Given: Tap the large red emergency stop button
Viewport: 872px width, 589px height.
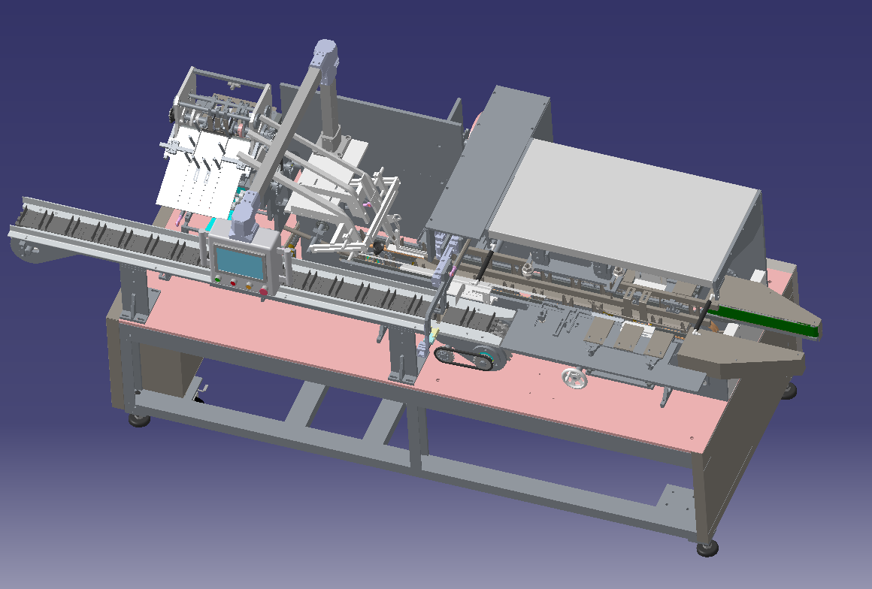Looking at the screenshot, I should click(x=262, y=292).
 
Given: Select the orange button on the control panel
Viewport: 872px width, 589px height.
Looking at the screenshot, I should click(x=247, y=286).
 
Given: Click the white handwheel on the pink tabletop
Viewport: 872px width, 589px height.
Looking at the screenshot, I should click(x=575, y=379).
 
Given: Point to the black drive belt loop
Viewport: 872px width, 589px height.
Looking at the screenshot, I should click(x=465, y=358).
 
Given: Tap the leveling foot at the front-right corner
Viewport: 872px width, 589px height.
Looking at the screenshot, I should click(x=707, y=548).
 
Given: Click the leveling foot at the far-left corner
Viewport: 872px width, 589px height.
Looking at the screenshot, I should click(x=139, y=419).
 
